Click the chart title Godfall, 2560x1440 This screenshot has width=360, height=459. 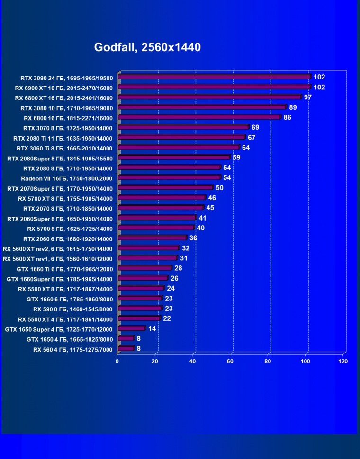pos(147,47)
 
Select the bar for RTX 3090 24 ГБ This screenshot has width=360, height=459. pos(214,77)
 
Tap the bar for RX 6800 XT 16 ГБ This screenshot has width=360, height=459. pos(209,97)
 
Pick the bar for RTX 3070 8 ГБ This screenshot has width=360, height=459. pos(183,127)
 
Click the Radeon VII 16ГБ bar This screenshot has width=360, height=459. pos(169,177)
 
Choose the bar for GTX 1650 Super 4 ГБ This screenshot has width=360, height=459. pos(132,328)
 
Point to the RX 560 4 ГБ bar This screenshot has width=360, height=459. pos(126,349)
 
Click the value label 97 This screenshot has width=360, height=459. pos(308,97)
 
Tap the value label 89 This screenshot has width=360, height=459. pos(293,107)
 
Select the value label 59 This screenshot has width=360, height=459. pos(236,158)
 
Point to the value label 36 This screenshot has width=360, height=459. pos(193,238)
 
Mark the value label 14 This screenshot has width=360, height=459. pos(152,328)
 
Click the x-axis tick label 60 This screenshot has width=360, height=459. pos(230,362)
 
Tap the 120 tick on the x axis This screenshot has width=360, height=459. pos(342,362)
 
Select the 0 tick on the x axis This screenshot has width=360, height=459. pos(117,362)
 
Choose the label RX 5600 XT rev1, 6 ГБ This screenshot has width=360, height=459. pos(57,259)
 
